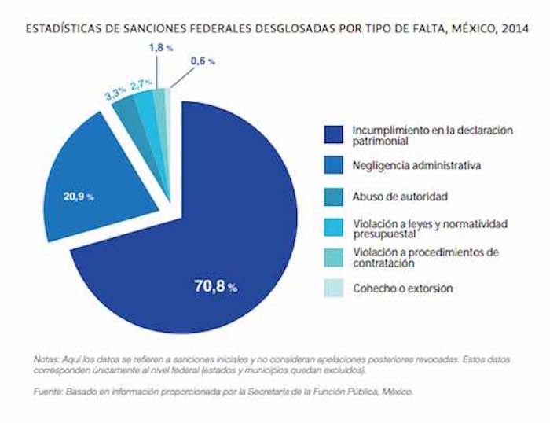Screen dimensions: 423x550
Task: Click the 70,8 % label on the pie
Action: click(215, 287)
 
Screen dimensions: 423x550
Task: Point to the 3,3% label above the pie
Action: click(115, 94)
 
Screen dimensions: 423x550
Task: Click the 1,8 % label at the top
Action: click(161, 49)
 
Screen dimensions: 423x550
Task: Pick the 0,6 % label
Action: click(202, 61)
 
